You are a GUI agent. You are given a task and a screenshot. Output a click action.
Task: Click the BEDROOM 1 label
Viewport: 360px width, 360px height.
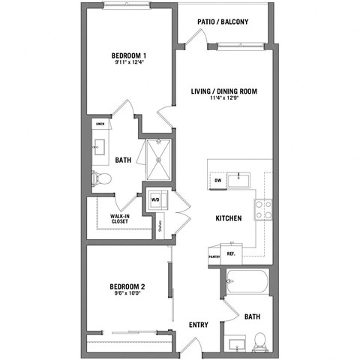pyautogui.click(x=128, y=55)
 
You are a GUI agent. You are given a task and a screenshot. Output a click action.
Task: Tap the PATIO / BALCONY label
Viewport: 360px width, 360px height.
pyautogui.click(x=223, y=22)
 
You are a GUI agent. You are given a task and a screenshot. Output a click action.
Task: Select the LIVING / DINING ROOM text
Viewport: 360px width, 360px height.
pyautogui.click(x=224, y=91)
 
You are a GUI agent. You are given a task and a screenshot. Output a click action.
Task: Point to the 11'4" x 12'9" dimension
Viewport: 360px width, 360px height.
pyautogui.click(x=224, y=100)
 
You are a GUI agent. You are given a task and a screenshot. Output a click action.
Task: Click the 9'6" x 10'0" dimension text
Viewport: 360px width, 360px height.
pyautogui.click(x=126, y=294)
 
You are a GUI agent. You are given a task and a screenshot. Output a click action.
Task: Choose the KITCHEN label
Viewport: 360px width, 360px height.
pyautogui.click(x=228, y=218)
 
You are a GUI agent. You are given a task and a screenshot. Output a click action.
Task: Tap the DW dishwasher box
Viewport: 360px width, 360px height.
pyautogui.click(x=217, y=181)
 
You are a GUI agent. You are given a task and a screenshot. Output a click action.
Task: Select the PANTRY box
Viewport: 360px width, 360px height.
pyautogui.click(x=214, y=256)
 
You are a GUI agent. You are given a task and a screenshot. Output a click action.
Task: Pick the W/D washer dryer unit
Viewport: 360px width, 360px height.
pyautogui.click(x=156, y=199)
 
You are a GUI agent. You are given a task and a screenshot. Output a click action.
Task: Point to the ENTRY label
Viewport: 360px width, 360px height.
pyautogui.click(x=199, y=325)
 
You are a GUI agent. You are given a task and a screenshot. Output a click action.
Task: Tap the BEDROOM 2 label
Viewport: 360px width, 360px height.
pyautogui.click(x=127, y=286)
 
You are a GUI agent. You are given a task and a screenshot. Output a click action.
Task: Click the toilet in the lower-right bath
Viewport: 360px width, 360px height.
pyautogui.click(x=259, y=342)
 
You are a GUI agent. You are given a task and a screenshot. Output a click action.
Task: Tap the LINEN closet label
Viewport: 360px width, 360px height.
pyautogui.click(x=100, y=123)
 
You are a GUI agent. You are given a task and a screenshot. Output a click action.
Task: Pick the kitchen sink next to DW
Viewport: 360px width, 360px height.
pyautogui.click(x=241, y=179)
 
